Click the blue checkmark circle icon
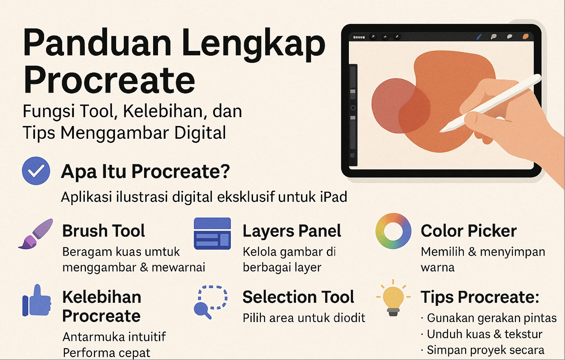point(36,171)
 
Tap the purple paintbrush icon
point(36,234)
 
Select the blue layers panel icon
point(212,234)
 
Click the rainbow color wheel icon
point(393,231)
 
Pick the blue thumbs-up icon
point(36,301)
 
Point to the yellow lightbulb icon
point(393,298)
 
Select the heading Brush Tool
point(103,231)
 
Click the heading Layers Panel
point(292,231)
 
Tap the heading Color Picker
point(469,231)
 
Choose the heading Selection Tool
point(298,297)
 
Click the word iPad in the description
point(333,197)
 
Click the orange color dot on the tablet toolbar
point(526,36)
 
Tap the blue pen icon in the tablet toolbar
point(479,37)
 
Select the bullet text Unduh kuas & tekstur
point(485,334)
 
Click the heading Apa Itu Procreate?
point(145,172)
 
